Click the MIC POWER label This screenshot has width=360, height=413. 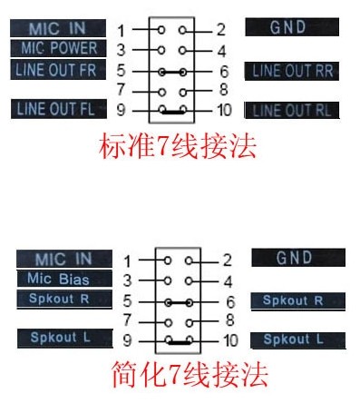pyautogui.click(x=58, y=48)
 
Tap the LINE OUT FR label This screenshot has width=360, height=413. pyautogui.click(x=58, y=70)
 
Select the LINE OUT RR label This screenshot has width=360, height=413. pyautogui.click(x=292, y=72)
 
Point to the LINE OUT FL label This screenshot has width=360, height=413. pyautogui.click(x=59, y=109)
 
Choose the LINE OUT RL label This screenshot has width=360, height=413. pyautogui.click(x=292, y=111)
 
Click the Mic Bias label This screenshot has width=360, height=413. pyautogui.click(x=64, y=279)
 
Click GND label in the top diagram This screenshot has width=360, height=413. pyautogui.click(x=292, y=27)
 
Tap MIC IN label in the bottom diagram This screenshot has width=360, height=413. pyautogui.click(x=64, y=259)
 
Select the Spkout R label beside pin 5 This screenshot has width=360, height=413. pyautogui.click(x=64, y=300)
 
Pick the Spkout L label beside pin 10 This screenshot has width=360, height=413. pyautogui.click(x=298, y=340)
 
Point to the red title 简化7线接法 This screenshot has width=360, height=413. pyautogui.click(x=190, y=375)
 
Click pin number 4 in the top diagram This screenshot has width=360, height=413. pyautogui.click(x=221, y=51)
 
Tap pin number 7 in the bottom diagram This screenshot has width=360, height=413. pyautogui.click(x=127, y=320)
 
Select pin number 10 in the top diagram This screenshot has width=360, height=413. pyautogui.click(x=224, y=110)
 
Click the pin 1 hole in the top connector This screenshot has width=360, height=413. pyautogui.click(x=161, y=30)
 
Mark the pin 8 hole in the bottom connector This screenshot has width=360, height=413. pyautogui.click(x=190, y=323)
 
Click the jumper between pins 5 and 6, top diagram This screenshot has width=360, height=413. pyautogui.click(x=172, y=72)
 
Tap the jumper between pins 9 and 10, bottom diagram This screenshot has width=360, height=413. pyautogui.click(x=179, y=342)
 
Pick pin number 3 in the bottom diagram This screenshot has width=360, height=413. pyautogui.click(x=127, y=280)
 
